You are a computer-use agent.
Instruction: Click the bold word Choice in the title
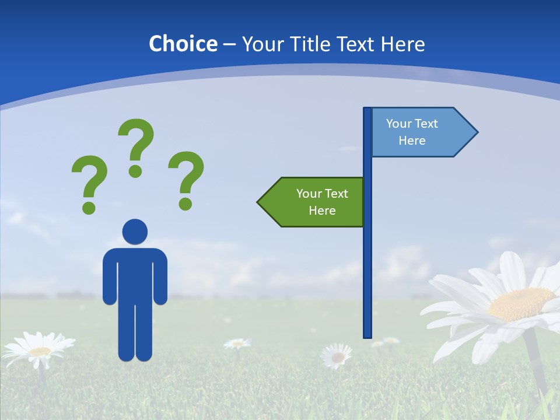(183, 44)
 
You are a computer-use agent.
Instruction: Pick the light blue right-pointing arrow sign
(417, 132)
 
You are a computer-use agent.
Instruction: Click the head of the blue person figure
(135, 232)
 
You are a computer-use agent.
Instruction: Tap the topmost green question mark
(136, 143)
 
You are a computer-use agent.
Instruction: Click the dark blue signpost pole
(367, 262)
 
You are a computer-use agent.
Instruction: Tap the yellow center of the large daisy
(521, 303)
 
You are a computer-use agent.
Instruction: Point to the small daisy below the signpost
(337, 355)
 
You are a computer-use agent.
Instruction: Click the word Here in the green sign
(322, 211)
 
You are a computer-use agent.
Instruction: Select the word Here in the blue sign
(412, 141)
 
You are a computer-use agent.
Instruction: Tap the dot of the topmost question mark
(135, 171)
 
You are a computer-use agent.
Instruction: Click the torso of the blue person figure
(135, 274)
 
